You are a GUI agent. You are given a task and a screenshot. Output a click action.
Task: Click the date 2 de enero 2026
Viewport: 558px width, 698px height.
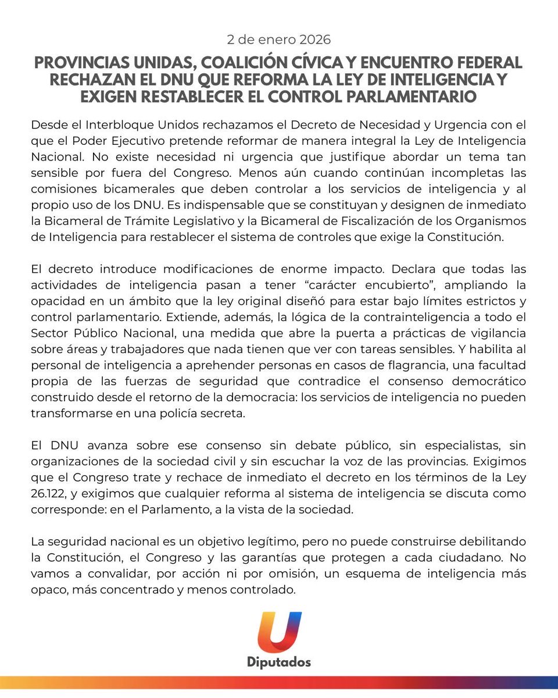pyautogui.click(x=278, y=40)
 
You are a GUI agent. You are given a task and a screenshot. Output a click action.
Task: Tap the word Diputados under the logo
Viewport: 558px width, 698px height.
pyautogui.click(x=279, y=663)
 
